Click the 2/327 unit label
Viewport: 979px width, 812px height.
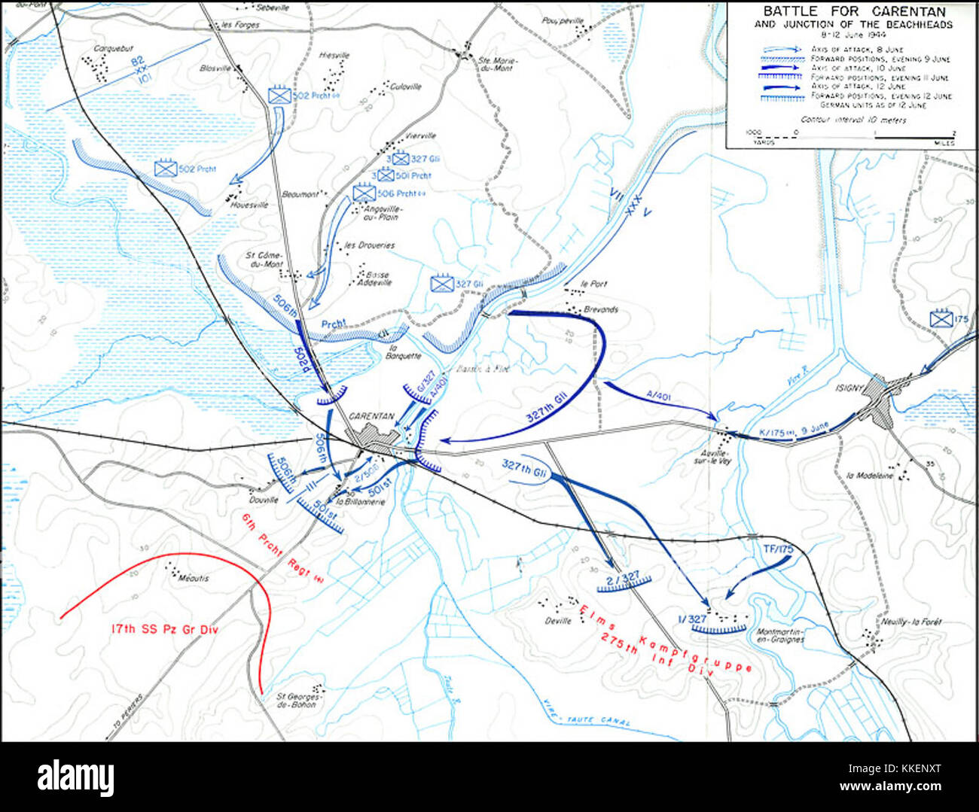622,577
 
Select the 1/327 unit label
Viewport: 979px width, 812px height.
692,619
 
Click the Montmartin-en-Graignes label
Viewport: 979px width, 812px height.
778,635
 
